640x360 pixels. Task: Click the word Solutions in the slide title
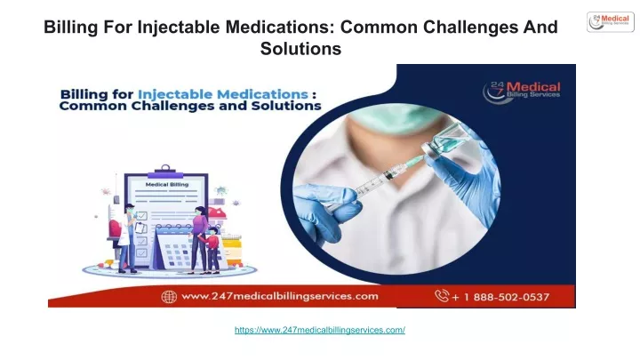coord(300,49)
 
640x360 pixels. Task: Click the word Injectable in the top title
coord(180,27)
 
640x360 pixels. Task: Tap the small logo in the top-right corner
coord(611,21)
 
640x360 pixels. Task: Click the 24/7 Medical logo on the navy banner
coord(521,92)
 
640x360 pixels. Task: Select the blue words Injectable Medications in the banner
coord(223,94)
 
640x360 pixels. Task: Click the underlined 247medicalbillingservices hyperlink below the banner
coord(320,330)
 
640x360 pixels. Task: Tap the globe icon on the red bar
coord(169,297)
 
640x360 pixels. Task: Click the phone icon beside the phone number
coord(442,295)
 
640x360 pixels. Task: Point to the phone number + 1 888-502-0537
coord(500,297)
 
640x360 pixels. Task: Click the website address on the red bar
coord(280,296)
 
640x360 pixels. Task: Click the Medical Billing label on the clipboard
coord(167,185)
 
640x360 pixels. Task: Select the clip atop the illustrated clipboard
coord(165,172)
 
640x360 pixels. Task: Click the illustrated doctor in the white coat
coord(127,238)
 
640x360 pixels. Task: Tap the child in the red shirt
coord(212,250)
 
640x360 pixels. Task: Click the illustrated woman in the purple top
coord(199,240)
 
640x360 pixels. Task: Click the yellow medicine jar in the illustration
coord(232,250)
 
